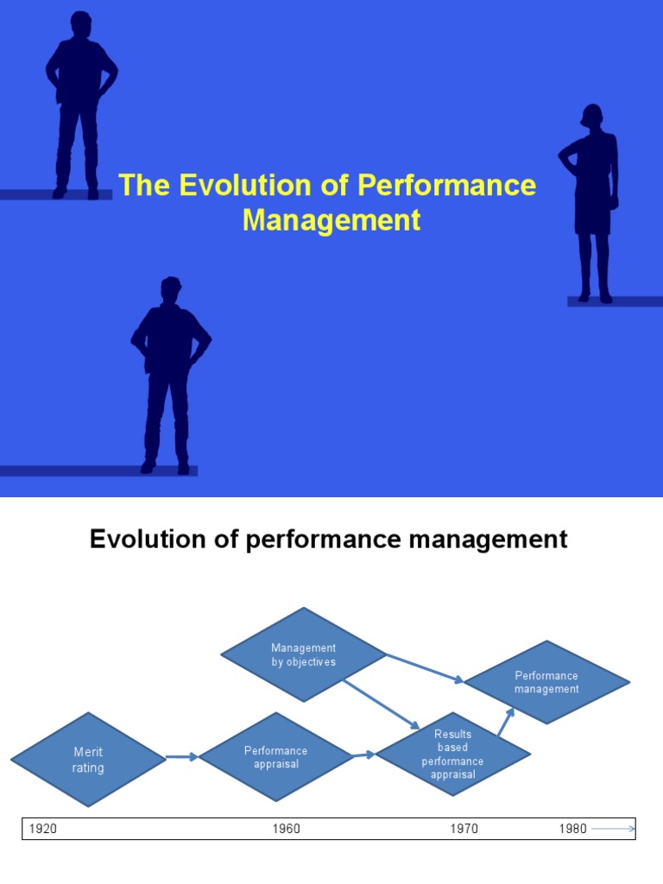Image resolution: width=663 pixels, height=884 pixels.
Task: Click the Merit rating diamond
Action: coord(88,760)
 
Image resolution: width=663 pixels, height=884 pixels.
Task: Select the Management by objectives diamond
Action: coord(303,654)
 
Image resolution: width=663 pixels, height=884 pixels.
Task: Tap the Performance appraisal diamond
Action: coord(275,757)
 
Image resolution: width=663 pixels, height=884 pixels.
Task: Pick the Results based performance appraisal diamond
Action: coord(452,754)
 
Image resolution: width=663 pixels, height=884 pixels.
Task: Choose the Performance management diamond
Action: coord(546,682)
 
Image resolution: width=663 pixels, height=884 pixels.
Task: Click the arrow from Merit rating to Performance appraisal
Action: coord(181,757)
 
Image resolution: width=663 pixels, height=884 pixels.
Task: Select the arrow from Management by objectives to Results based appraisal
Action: coord(381,704)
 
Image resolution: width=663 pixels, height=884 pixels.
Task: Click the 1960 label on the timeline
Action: coord(287,829)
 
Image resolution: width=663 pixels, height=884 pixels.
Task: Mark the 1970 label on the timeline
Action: coord(464,829)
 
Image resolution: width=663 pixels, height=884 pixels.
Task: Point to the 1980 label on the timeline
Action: coord(572,829)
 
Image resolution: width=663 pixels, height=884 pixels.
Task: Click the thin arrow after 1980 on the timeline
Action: coord(613,829)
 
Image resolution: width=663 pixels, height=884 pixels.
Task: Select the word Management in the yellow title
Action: coord(331,220)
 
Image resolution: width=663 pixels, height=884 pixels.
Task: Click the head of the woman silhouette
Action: coord(592,116)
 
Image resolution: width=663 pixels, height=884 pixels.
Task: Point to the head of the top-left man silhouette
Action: coord(81,24)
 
